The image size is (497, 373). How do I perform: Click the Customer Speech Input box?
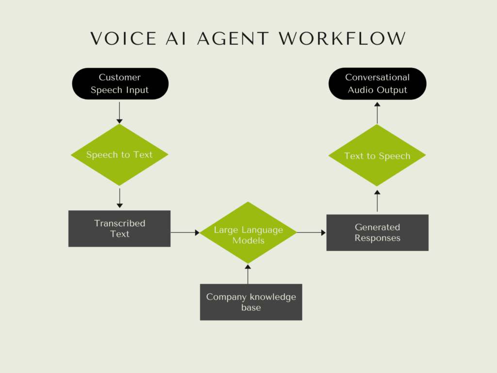tap(120, 84)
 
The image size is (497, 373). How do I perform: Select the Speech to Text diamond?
tap(119, 155)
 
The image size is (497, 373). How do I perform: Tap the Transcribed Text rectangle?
tap(119, 229)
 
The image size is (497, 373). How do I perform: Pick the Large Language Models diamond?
tap(248, 233)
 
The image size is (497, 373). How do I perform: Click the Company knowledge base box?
tap(251, 302)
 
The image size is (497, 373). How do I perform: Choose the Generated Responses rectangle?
tap(377, 233)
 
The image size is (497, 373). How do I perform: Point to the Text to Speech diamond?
tap(377, 155)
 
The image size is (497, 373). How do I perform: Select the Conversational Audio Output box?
tap(377, 84)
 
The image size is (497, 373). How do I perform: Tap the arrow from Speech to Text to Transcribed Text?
tap(119, 198)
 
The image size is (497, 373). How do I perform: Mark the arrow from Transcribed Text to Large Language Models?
tap(185, 233)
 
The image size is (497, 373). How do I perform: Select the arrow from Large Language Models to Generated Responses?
tap(311, 233)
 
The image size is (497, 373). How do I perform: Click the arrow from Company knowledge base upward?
tap(248, 274)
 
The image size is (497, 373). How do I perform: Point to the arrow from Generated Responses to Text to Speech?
tap(377, 201)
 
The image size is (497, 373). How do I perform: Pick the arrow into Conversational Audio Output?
tap(377, 113)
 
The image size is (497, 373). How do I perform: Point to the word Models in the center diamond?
tap(248, 241)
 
